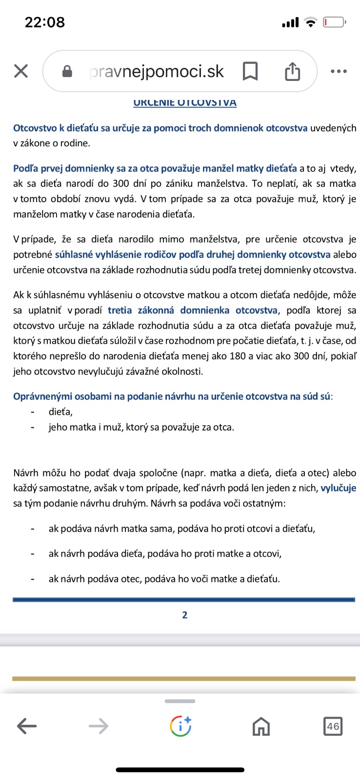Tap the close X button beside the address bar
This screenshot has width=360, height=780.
[21, 71]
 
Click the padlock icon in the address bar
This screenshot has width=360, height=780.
[67, 72]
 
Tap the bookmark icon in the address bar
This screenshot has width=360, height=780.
[250, 71]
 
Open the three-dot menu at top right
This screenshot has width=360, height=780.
[339, 71]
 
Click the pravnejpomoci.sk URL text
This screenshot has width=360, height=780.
[157, 72]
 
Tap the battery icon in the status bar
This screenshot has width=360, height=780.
[334, 22]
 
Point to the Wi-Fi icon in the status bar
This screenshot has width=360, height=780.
[310, 22]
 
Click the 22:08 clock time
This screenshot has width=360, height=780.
[45, 22]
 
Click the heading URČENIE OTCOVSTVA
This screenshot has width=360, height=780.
[185, 103]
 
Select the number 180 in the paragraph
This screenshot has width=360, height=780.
[238, 356]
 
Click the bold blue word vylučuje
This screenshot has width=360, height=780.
[338, 488]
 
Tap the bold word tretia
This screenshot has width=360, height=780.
[120, 311]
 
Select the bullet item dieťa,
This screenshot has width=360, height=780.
[60, 412]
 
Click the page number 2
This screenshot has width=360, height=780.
[185, 615]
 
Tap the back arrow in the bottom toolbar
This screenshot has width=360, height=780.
[27, 726]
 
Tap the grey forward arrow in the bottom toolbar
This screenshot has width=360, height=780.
[99, 726]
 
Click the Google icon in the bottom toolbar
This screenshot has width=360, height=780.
[180, 726]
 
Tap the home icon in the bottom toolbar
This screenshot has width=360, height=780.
[261, 726]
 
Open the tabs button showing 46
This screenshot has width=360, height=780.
[333, 726]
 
